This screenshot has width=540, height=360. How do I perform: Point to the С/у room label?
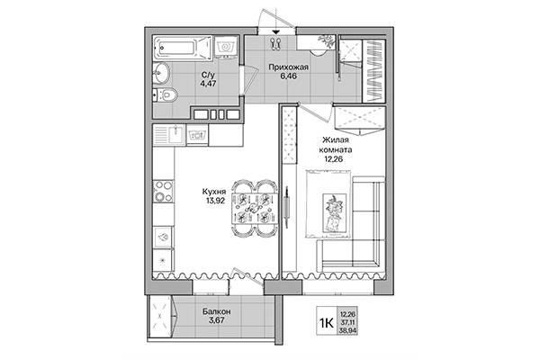[208, 76]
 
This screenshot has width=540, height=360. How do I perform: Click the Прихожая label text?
[290, 67]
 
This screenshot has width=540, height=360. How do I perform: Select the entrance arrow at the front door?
[275, 31]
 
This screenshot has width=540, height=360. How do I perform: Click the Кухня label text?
[215, 190]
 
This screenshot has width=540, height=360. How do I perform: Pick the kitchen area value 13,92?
[215, 202]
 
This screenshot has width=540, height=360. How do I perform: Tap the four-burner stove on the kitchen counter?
[163, 192]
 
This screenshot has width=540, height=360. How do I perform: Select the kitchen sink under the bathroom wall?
[170, 136]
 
